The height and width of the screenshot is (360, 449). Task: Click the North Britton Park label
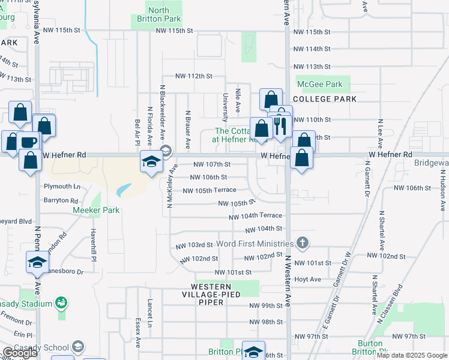point(158,14)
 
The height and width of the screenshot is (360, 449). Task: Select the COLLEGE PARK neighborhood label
point(325,99)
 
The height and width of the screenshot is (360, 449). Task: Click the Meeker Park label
point(96,210)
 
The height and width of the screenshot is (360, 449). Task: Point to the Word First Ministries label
point(255,244)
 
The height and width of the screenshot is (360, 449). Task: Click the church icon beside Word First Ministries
point(303,243)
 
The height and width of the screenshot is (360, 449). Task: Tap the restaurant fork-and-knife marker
point(279,126)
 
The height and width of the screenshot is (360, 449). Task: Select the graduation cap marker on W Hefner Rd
point(151,160)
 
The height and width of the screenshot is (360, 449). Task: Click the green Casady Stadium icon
point(61,303)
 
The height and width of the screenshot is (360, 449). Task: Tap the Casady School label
point(44,347)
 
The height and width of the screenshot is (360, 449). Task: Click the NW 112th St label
point(194,76)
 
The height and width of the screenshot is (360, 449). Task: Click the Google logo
point(20,353)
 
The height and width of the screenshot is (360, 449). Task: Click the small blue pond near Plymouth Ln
point(122,190)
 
